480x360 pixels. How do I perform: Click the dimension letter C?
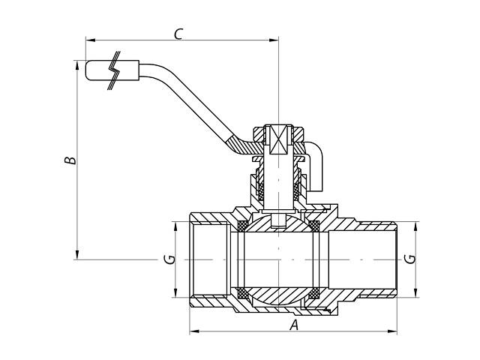pyautogui.click(x=178, y=33)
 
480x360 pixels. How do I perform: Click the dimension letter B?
pyautogui.click(x=68, y=160)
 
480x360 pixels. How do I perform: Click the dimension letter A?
pyautogui.click(x=294, y=325)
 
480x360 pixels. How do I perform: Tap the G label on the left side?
pyautogui.click(x=171, y=259)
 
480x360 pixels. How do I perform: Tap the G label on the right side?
pyautogui.click(x=409, y=259)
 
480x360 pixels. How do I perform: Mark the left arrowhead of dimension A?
pyautogui.click(x=193, y=331)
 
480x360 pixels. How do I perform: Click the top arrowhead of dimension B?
pyautogui.click(x=77, y=64)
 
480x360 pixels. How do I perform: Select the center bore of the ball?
pyautogui.click(x=278, y=259)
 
